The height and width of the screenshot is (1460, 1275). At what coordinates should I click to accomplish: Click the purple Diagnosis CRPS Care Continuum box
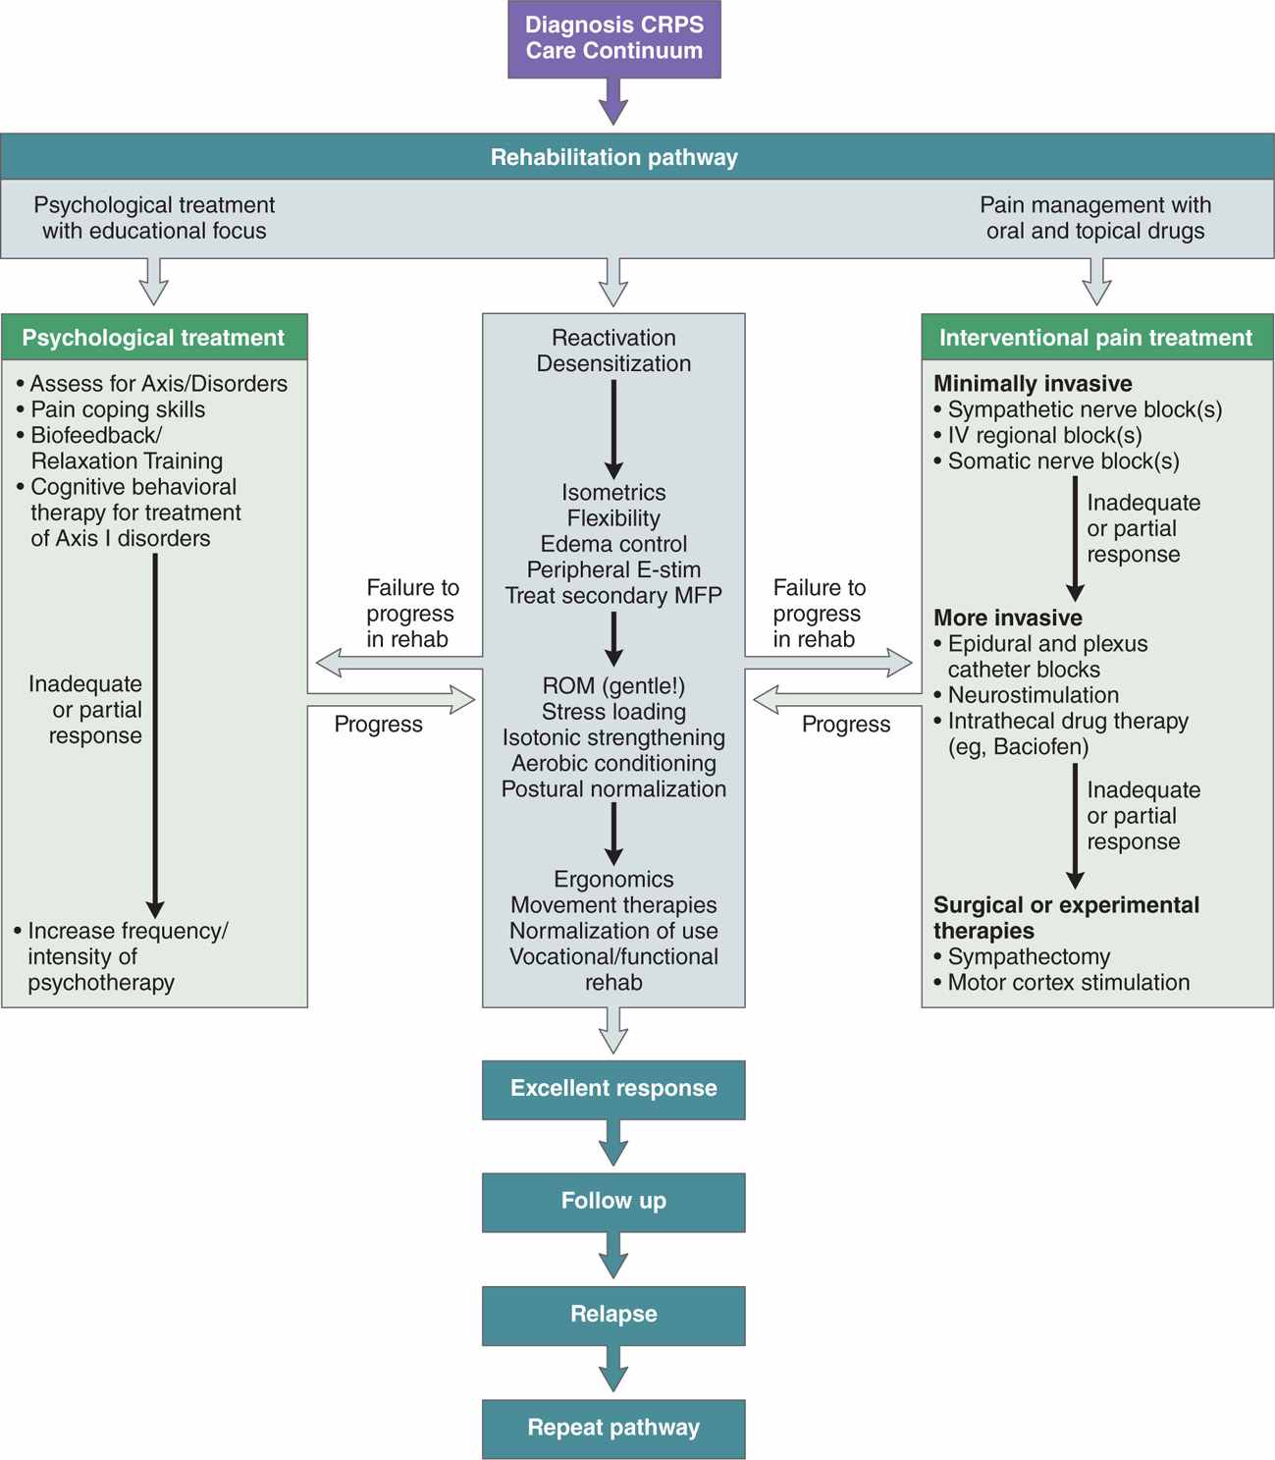pos(613,38)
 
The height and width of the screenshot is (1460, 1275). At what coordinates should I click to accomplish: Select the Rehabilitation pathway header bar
pos(613,157)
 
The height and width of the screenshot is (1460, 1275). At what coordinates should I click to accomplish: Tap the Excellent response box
pos(613,1089)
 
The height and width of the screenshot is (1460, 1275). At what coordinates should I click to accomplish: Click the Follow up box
pos(613,1201)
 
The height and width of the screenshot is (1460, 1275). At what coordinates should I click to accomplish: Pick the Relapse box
pos(613,1315)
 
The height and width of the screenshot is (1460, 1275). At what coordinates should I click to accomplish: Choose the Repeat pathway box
pos(613,1428)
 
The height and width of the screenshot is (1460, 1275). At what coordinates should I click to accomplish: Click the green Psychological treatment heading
pos(154,338)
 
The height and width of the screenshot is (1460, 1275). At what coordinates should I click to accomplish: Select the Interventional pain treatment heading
pos(1095,338)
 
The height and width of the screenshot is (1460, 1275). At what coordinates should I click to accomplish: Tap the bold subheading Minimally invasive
pos(1033,384)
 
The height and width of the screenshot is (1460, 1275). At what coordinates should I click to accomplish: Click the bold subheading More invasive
pos(1008,618)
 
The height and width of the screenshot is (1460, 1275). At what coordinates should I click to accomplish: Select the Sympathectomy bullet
pos(1028,956)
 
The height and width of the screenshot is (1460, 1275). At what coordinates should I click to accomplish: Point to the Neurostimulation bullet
pos(1033,695)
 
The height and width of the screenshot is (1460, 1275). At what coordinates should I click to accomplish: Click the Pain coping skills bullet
pos(117,409)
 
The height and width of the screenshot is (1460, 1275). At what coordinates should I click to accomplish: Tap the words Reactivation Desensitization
pos(613,351)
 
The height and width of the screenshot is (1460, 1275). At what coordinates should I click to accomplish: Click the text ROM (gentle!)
pos(613,686)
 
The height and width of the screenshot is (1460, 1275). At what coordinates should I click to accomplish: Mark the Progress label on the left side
pos(378,725)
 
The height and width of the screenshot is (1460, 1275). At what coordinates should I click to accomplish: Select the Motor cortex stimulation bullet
pos(1068,982)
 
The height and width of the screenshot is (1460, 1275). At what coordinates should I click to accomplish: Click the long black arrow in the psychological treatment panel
pos(155,736)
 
